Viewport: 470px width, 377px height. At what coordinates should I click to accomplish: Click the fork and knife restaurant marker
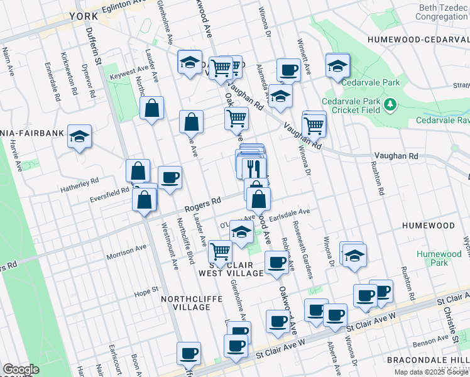point(254,168)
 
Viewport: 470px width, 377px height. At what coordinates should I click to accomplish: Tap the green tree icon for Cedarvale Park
point(390,102)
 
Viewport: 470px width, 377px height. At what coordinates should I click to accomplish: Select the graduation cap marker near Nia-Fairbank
point(80,136)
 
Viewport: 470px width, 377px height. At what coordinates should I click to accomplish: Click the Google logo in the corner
point(20,369)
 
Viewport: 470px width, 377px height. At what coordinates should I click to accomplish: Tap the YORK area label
point(84,16)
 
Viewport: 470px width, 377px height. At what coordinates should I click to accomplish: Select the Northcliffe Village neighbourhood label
point(185,303)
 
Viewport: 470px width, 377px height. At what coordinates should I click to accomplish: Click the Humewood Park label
point(438,259)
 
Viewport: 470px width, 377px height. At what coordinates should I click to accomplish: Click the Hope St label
point(144,292)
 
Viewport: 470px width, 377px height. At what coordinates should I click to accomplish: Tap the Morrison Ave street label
point(126,253)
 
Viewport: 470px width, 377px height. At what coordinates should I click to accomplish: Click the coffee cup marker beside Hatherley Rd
point(169,178)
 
